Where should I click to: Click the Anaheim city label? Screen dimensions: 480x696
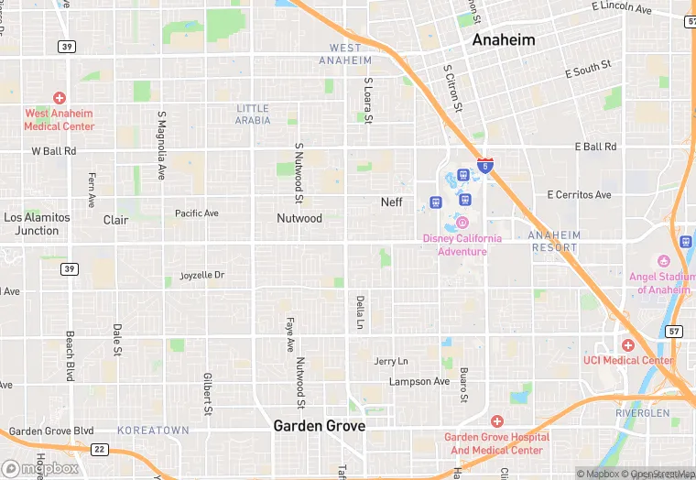point(504,40)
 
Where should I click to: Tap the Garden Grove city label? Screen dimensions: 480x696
point(319,427)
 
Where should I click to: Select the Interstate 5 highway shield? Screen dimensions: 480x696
point(486,166)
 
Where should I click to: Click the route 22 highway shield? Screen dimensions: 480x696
point(100,449)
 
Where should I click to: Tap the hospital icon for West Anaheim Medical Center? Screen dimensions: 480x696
point(60,97)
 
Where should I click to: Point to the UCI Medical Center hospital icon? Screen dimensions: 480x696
point(627,345)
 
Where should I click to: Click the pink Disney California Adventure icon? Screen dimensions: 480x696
point(462,223)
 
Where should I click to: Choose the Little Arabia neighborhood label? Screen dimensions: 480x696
point(254,114)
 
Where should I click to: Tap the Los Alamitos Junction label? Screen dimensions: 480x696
point(37,224)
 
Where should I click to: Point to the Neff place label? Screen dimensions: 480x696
point(392,202)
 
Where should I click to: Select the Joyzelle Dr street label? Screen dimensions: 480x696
point(201,275)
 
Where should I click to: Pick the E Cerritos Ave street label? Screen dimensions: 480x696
point(579,195)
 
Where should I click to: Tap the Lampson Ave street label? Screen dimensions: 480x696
point(419,381)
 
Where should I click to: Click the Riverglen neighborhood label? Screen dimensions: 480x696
point(642,413)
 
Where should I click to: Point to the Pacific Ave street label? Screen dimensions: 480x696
point(197,213)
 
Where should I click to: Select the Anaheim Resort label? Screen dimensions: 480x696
point(554,241)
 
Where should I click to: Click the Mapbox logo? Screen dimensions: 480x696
point(40,468)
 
